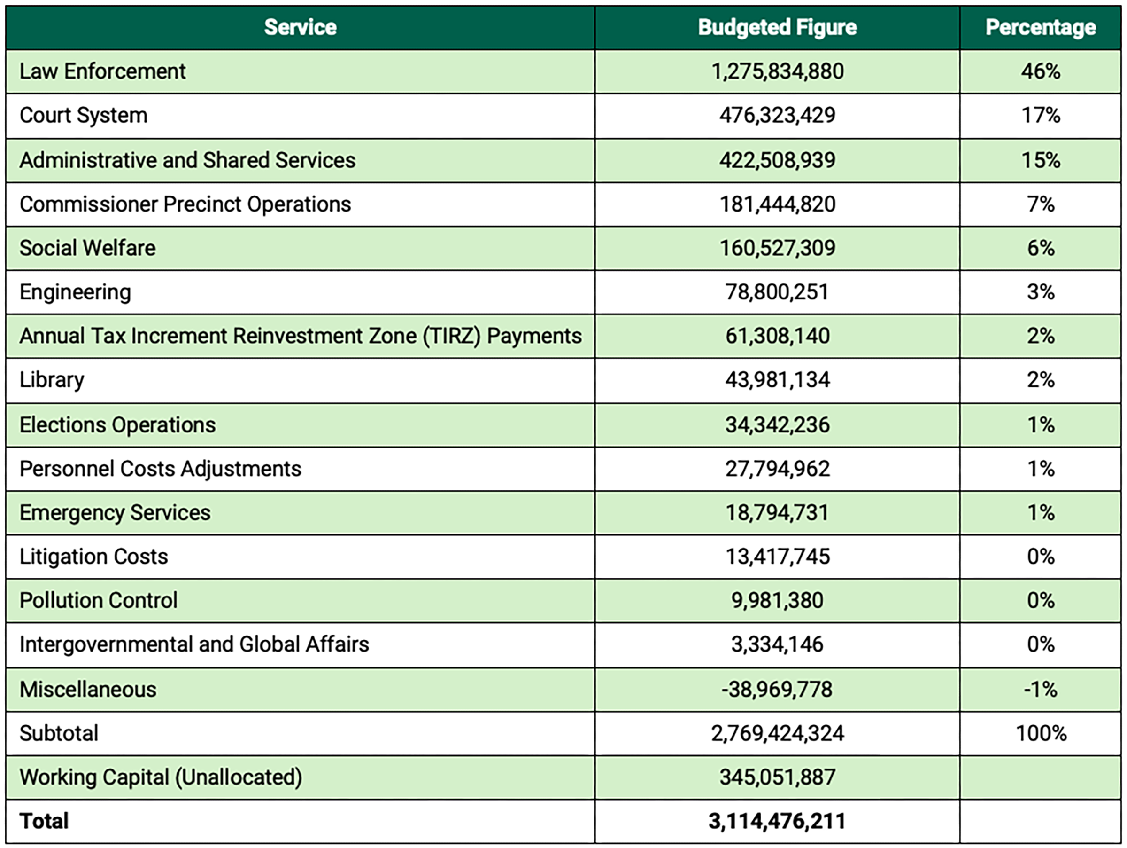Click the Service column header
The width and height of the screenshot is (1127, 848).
300,28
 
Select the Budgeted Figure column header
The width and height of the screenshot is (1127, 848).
777,28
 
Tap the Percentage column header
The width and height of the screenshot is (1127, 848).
1041,28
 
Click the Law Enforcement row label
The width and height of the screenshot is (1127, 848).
102,71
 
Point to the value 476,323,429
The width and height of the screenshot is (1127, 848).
777,116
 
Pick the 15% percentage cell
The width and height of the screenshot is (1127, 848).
1041,160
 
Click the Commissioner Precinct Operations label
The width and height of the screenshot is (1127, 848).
185,204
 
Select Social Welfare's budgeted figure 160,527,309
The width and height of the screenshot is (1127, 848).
777,248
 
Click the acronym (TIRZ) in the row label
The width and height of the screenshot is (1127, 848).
451,336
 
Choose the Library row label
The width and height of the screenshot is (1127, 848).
52,380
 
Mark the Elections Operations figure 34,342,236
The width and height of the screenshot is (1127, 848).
777,425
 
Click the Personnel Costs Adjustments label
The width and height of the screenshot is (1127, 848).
160,469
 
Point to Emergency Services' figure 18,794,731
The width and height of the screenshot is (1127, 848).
777,513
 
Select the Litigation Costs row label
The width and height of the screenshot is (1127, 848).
93,557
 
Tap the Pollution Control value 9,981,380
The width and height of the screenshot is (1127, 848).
777,601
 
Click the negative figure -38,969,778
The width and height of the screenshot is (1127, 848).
777,690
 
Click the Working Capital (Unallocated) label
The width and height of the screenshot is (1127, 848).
161,777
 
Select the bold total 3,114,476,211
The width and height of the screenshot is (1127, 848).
777,822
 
